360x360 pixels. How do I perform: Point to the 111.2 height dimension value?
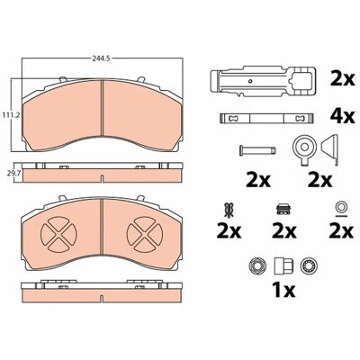click(x=10, y=115)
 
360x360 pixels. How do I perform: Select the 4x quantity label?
click(x=342, y=116)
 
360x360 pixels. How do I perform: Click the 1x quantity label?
click(x=283, y=290)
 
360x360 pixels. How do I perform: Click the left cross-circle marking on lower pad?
click(x=58, y=234)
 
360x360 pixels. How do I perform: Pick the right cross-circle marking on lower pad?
click(x=145, y=234)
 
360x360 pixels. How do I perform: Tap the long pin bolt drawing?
click(x=257, y=150)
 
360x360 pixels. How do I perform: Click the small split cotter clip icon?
click(x=229, y=210)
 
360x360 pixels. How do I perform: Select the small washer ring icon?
click(x=341, y=207)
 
